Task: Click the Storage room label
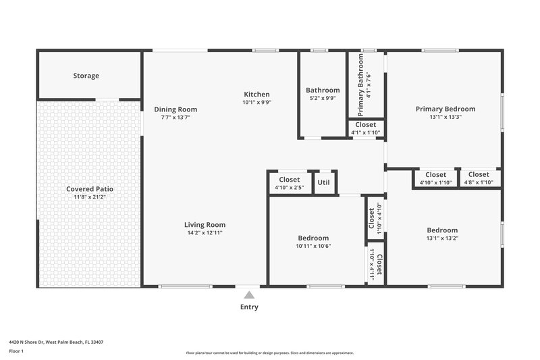(86, 76)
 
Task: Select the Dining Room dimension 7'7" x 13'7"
(175, 118)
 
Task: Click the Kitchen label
(256, 95)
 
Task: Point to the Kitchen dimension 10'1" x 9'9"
(256, 103)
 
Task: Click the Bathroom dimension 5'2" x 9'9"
(323, 98)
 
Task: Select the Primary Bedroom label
(445, 109)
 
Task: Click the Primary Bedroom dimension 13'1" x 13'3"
(445, 117)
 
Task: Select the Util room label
(324, 182)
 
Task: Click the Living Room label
(205, 225)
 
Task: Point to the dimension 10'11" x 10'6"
(314, 246)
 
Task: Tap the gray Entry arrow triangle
(249, 294)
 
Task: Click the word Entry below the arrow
(249, 307)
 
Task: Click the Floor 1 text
(17, 351)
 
